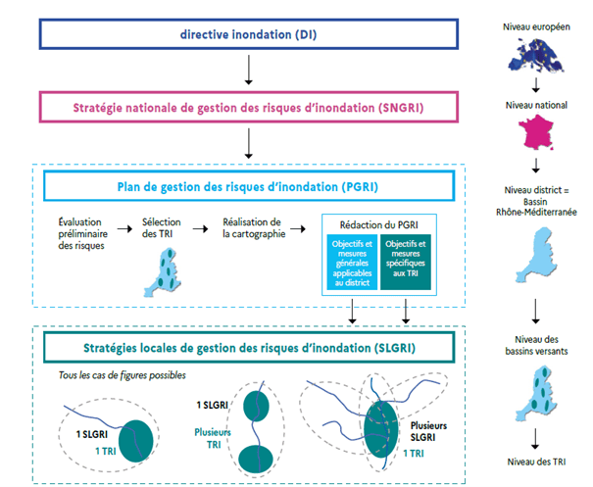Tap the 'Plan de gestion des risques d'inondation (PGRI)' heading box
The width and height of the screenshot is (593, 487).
tap(249, 185)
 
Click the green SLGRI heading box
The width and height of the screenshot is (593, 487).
tap(249, 349)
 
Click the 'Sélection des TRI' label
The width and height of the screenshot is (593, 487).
tap(161, 228)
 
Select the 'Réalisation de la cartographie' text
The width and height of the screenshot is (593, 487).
tap(253, 228)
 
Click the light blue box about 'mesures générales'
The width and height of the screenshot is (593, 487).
tap(353, 264)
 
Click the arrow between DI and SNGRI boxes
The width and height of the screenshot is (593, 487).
tap(249, 71)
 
